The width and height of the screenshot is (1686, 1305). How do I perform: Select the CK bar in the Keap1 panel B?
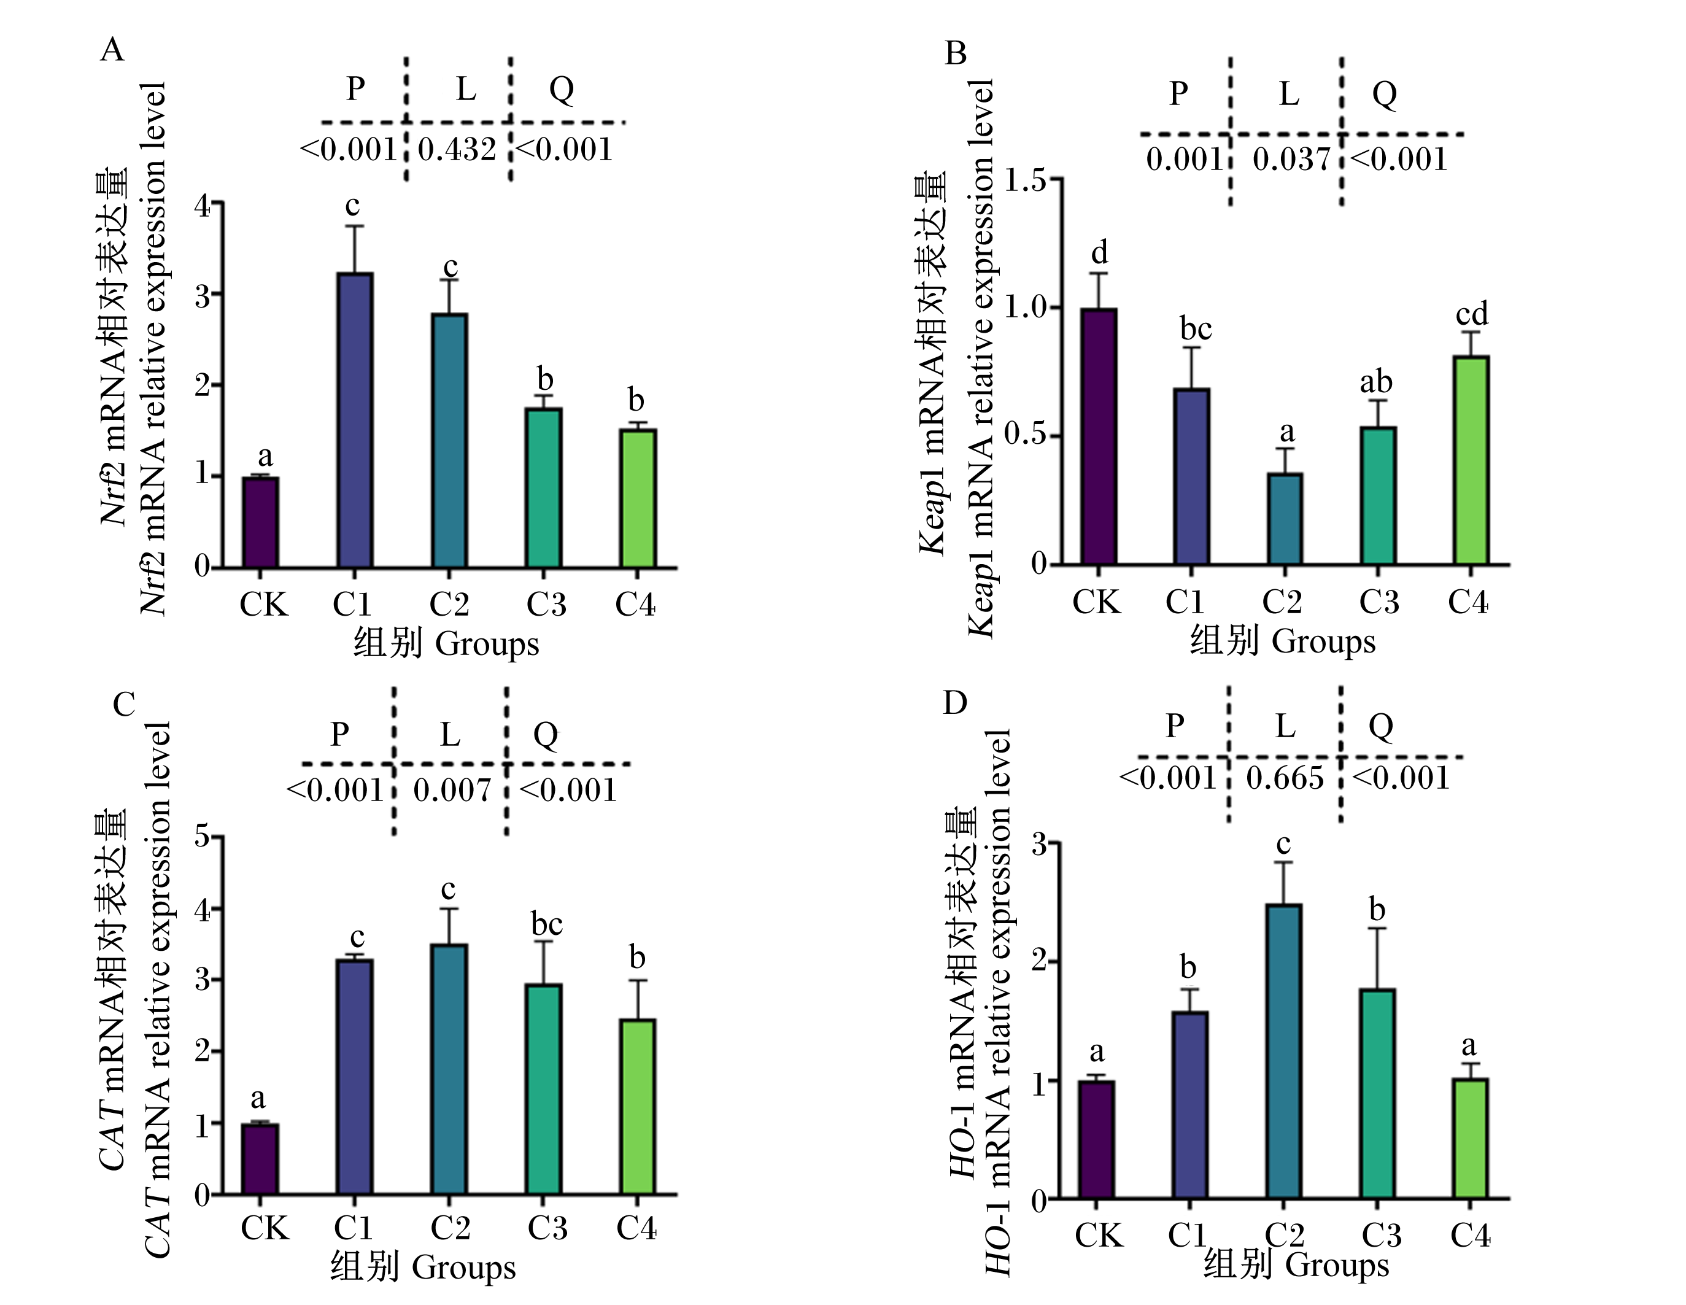(1099, 436)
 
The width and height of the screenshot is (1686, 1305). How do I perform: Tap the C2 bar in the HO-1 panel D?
(1284, 1051)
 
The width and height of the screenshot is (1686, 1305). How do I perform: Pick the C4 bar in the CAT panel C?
(638, 1107)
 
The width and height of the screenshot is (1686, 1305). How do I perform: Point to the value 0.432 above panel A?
(457, 150)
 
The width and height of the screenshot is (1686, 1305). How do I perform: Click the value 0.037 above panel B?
(1291, 160)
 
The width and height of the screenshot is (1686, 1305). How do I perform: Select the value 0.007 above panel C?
(452, 790)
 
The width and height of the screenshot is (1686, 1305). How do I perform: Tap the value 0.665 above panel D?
(1285, 778)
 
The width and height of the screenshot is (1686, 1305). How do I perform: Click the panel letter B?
(956, 53)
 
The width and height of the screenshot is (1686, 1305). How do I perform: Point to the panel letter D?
(955, 703)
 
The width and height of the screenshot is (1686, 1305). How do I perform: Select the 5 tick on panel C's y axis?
(203, 837)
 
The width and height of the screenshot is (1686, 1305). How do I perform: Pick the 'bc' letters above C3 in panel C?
(547, 924)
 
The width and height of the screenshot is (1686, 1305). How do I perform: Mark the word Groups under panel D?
(1338, 1266)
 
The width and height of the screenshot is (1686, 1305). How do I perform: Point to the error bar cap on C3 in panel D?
(1377, 928)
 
